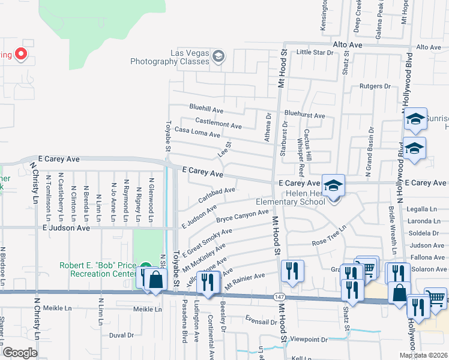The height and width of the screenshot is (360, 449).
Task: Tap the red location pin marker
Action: click(20, 55)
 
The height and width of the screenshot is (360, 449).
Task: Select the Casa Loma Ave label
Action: click(197, 132)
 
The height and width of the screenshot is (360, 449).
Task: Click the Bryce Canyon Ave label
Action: click(243, 215)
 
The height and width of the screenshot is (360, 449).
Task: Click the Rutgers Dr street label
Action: click(375, 86)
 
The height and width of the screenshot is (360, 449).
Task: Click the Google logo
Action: click(20, 353)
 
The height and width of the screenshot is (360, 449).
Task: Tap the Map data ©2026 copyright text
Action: click(423, 355)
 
